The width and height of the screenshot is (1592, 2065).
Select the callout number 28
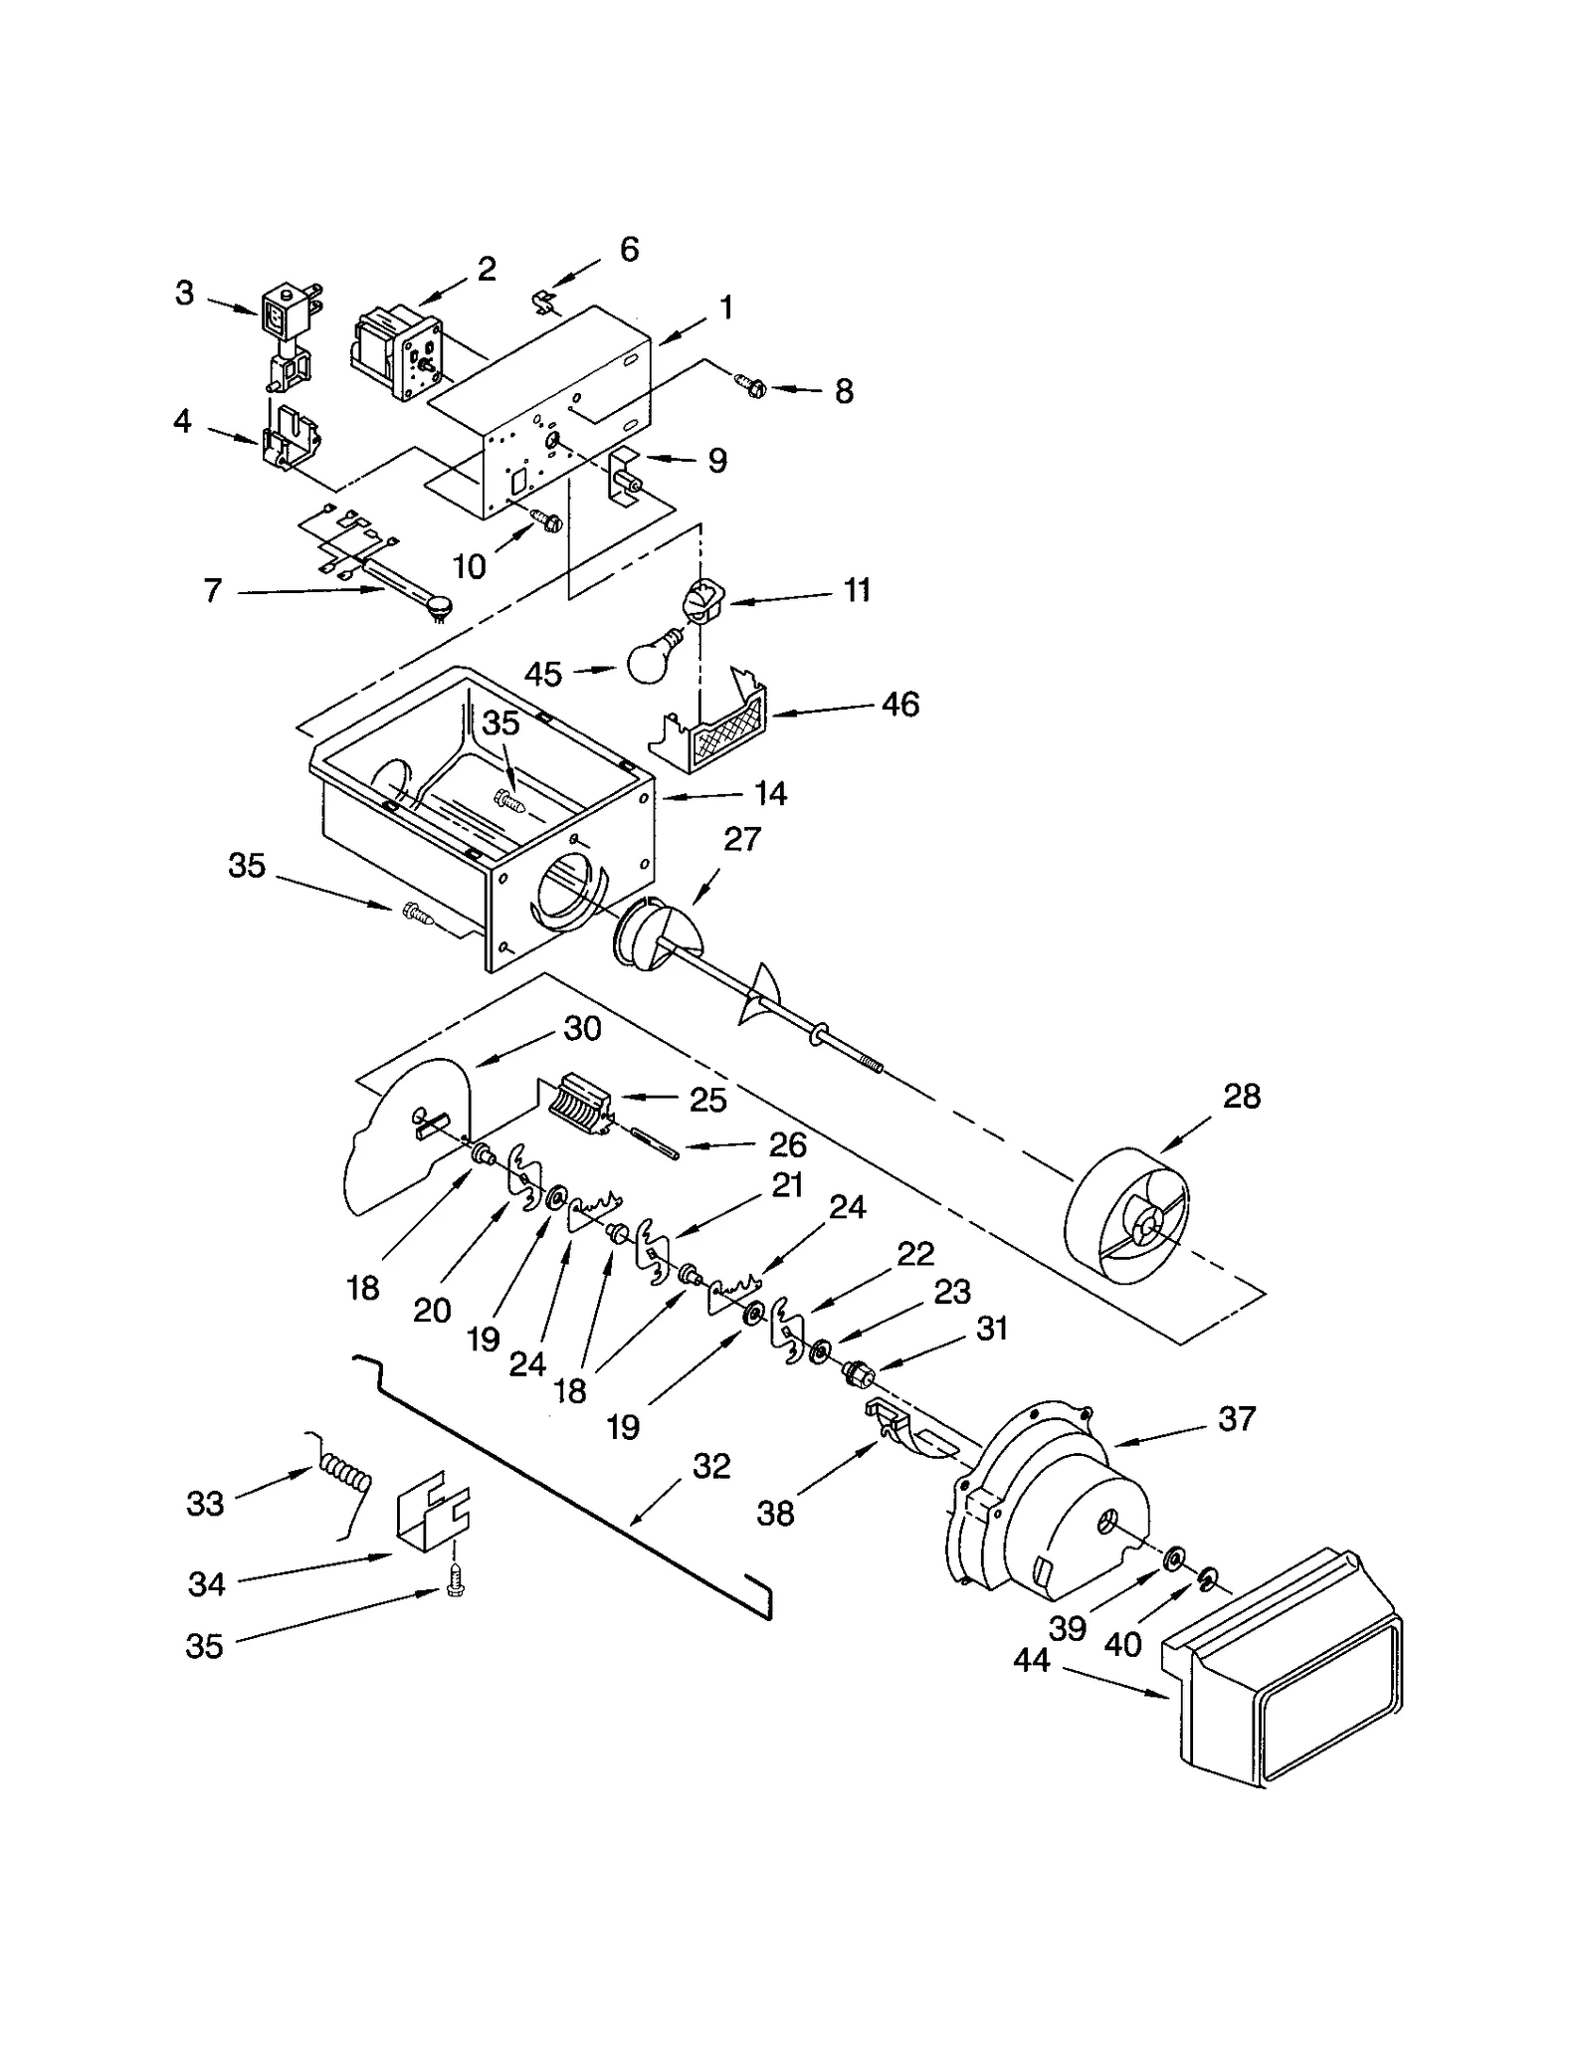tap(1242, 1097)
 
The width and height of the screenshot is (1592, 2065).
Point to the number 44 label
tap(1032, 1660)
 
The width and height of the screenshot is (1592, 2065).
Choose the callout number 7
tap(212, 591)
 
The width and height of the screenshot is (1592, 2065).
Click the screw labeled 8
tap(749, 384)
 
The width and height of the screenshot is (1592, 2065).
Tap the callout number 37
tap(1237, 1418)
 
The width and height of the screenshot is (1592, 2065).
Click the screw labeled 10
tap(545, 518)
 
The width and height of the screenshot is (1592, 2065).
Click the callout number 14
tap(770, 793)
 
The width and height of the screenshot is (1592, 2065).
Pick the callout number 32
tap(711, 1466)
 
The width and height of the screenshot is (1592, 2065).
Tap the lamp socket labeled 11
tap(702, 601)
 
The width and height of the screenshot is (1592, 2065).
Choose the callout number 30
tap(582, 1028)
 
